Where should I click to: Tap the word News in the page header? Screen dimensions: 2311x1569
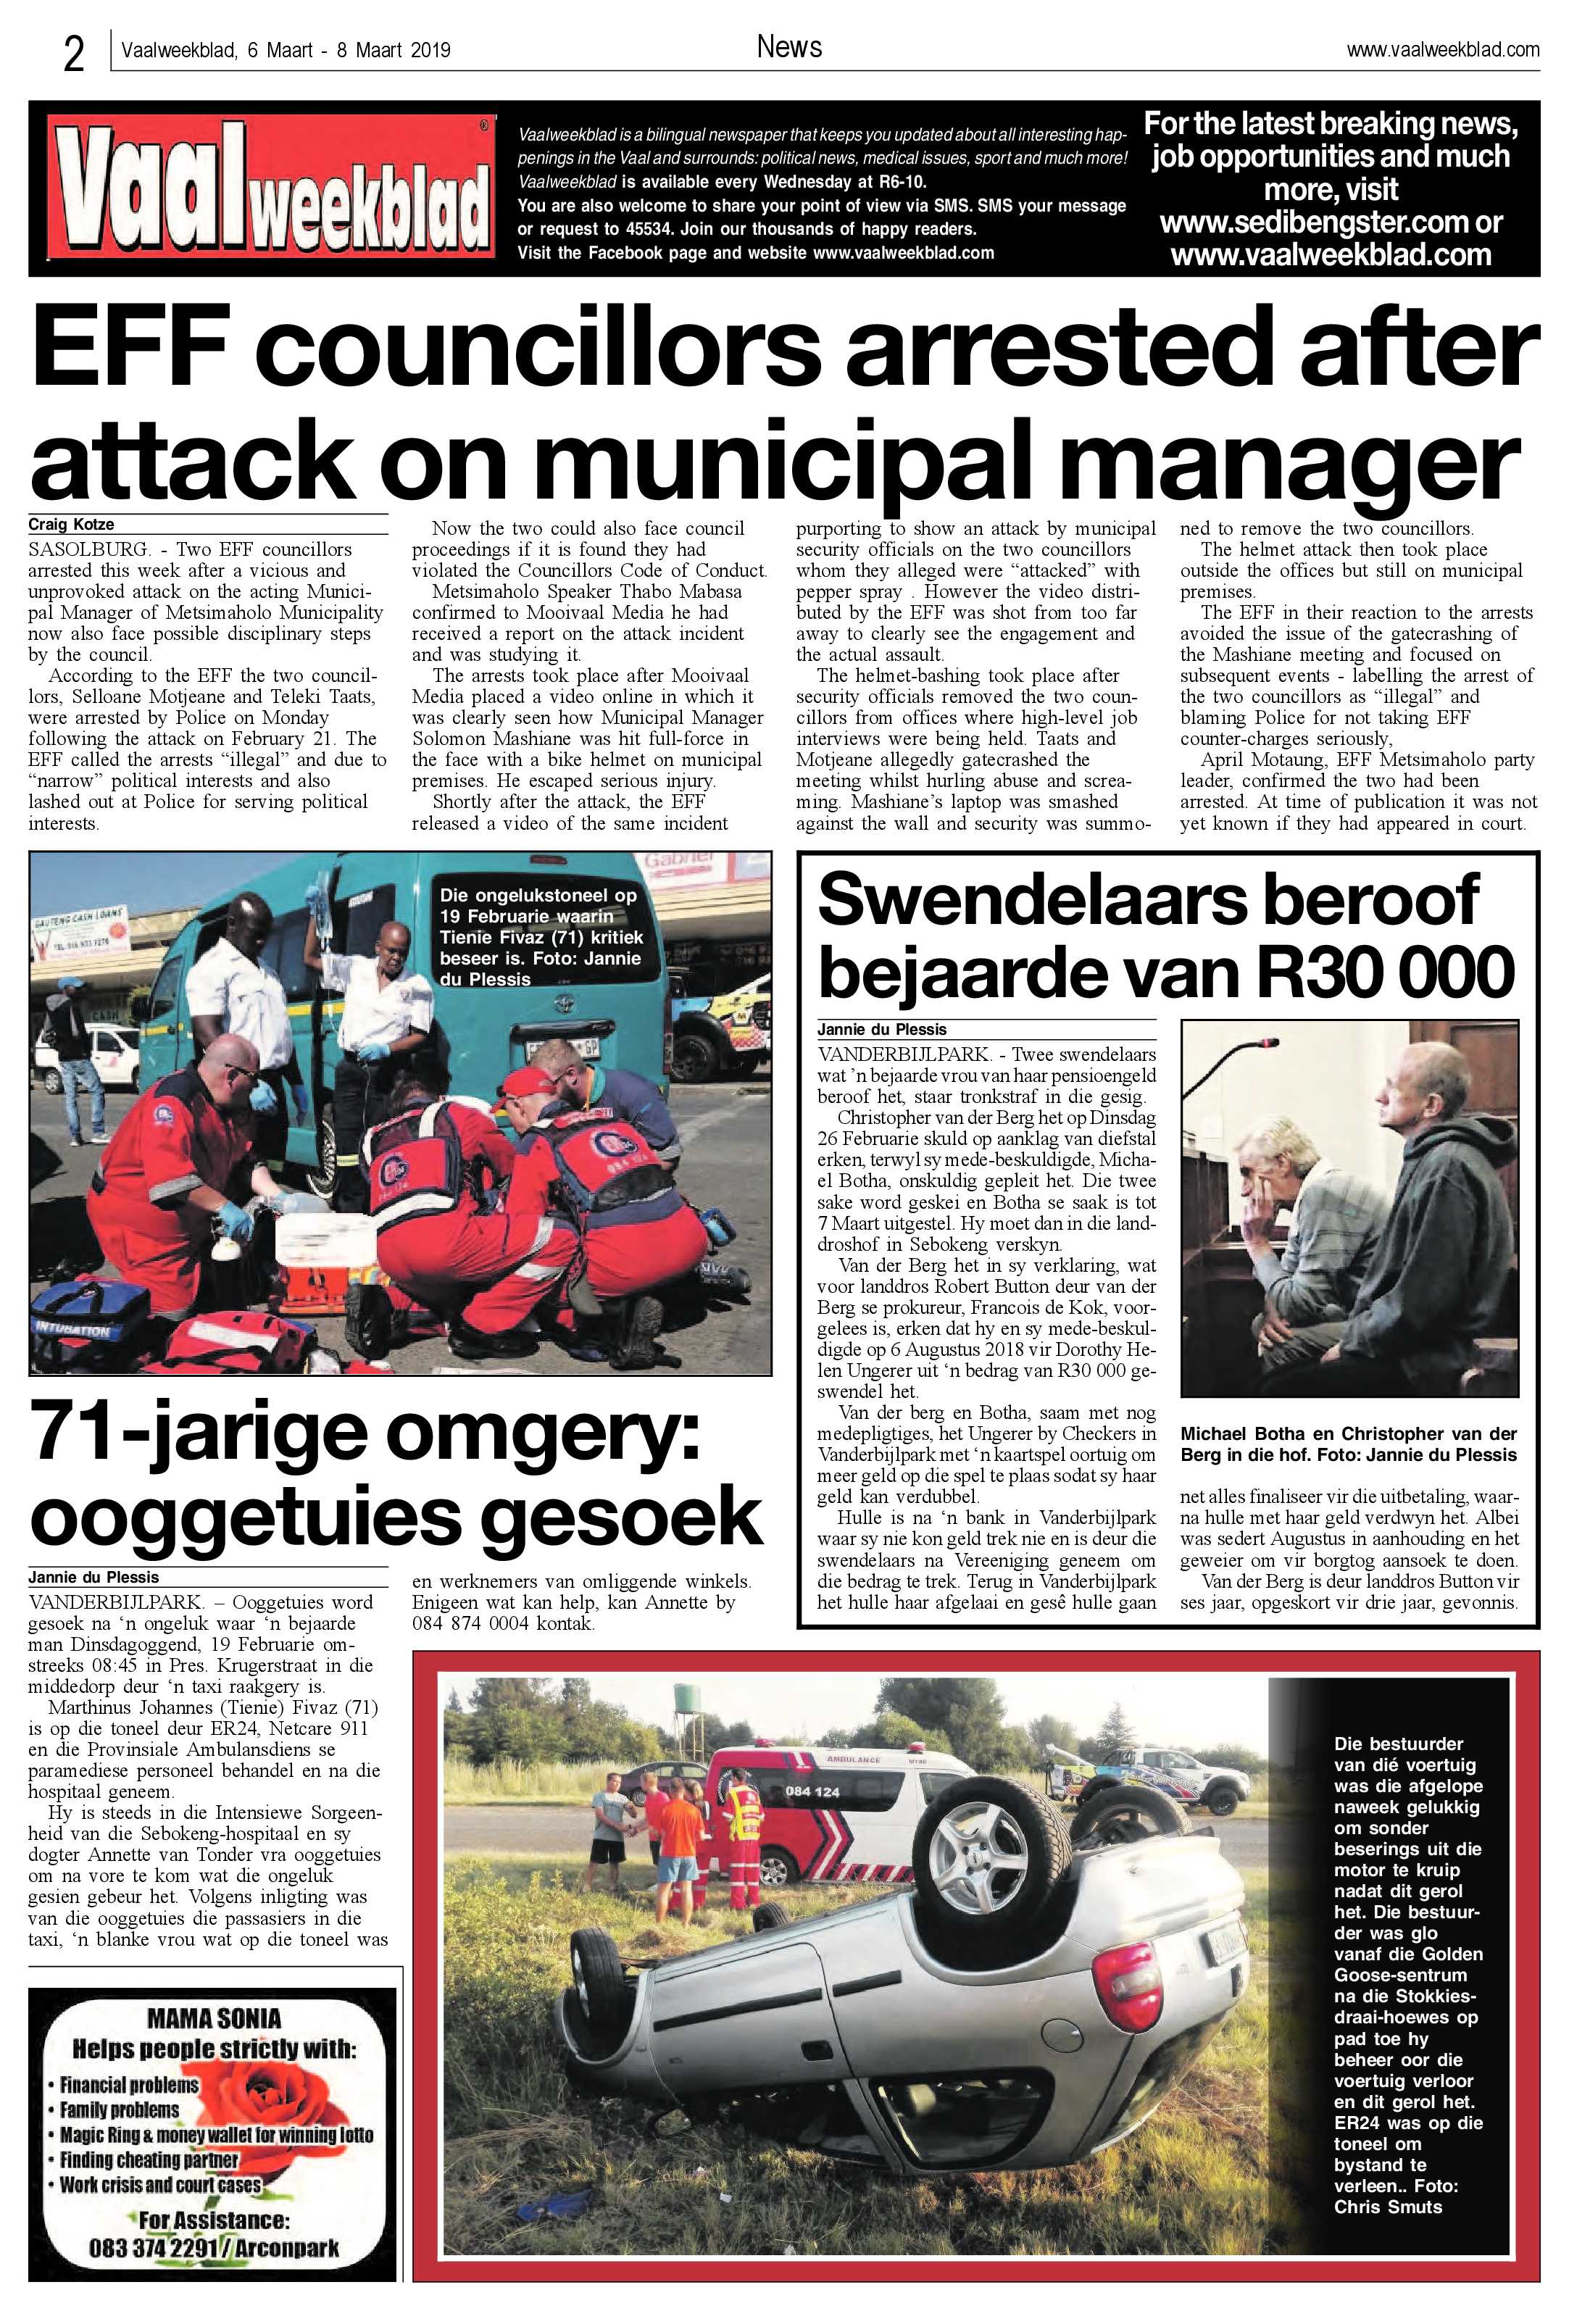coord(788,46)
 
